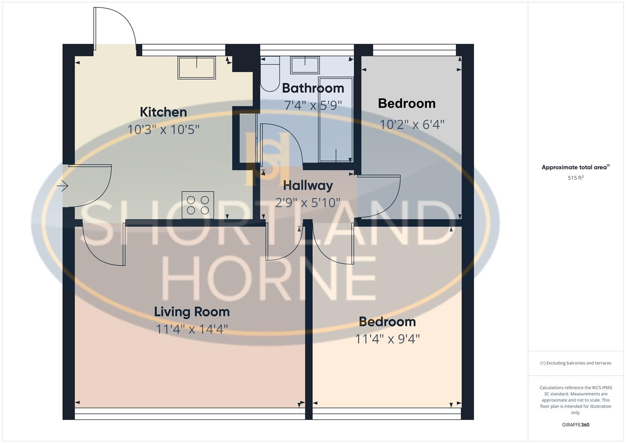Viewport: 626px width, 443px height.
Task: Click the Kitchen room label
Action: coord(163,112)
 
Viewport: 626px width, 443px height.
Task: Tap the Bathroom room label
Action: coord(313,88)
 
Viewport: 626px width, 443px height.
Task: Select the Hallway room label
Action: coord(308,186)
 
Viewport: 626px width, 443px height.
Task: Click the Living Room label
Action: coord(192,312)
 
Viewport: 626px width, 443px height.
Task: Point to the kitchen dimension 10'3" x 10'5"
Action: coord(163,130)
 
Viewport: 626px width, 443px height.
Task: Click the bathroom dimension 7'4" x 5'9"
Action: coord(313,105)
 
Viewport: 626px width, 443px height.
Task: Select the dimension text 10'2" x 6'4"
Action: coord(412,124)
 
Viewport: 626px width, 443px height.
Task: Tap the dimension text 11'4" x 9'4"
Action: coord(387,339)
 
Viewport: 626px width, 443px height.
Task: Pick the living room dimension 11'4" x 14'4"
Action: coord(192,329)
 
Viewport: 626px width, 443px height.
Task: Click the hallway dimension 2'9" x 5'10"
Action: coord(308,203)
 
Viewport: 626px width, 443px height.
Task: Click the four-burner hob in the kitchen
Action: coord(198,205)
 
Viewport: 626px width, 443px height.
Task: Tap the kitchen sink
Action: coord(197,68)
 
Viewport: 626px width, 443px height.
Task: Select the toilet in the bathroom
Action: coord(270,74)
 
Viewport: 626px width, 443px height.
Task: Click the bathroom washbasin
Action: coord(305,65)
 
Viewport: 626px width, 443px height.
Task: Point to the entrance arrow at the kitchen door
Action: coord(63,186)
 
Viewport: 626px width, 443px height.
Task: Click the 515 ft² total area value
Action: coord(576,178)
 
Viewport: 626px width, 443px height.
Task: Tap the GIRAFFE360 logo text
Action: coord(576,425)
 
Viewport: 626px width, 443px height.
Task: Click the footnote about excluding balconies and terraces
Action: coord(576,363)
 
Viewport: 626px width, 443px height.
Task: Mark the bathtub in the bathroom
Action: coord(336,120)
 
